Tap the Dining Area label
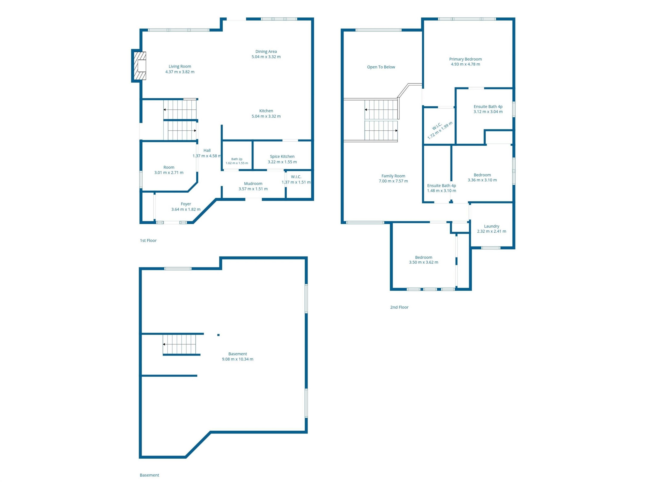266,52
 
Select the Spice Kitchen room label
282,156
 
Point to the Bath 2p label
237,159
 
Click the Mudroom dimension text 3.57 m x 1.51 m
253,189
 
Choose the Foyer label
186,204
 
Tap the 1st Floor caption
148,241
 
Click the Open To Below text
381,67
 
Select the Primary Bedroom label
466,59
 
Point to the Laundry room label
492,226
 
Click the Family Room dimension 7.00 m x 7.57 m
393,181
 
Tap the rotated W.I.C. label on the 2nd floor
437,126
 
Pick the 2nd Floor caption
399,307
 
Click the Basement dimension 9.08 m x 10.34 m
238,359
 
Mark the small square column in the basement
218,335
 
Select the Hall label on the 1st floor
207,150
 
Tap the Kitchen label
266,111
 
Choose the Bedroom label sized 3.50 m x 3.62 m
424,258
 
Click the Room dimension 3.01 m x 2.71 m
169,172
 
